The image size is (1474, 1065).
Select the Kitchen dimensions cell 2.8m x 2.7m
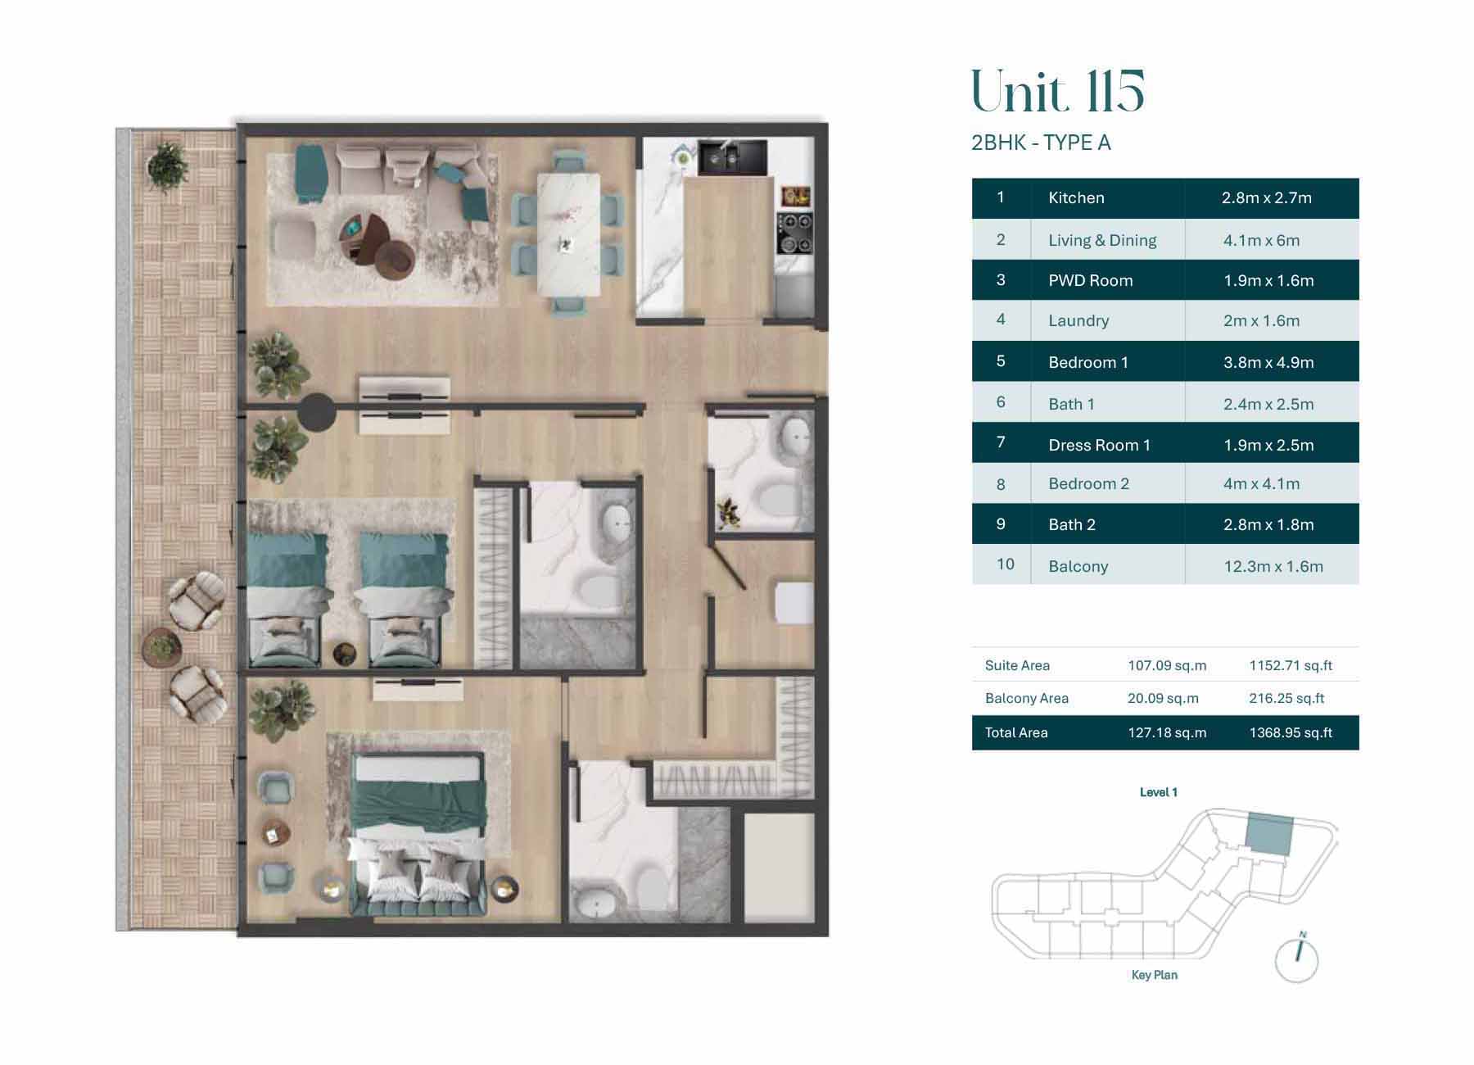point(1266,198)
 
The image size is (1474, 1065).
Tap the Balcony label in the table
point(1078,566)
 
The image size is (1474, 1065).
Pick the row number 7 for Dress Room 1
point(1000,443)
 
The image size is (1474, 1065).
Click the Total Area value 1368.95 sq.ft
point(1290,733)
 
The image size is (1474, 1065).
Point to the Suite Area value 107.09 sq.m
point(1166,666)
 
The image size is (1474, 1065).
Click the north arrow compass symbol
point(1297,959)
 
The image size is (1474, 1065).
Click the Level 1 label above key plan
point(1158,792)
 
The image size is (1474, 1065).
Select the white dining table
point(568,234)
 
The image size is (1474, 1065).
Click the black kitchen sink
point(731,157)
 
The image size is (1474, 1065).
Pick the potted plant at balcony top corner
point(168,167)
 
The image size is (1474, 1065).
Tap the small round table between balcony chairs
point(161,647)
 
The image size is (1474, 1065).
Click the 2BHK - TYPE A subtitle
point(1040,143)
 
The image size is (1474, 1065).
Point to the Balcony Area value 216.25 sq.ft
point(1286,699)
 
